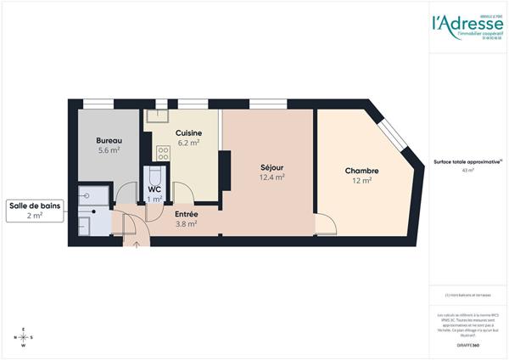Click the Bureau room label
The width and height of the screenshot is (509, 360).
pos(108,139)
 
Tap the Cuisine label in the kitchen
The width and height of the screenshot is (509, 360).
pos(187,133)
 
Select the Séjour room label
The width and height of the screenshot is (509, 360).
pos(271,167)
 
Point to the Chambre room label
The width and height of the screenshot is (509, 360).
pos(361,171)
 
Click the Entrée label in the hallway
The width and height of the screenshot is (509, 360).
pos(187,215)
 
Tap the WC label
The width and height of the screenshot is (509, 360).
pos(154,189)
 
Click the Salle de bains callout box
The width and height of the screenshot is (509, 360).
pos(37,210)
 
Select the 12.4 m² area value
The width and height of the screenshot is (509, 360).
pos(271,177)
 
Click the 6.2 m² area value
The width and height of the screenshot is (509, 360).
pos(188,143)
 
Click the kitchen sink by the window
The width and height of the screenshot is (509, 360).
pos(157,116)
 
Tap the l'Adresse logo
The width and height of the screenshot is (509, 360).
pos(467,24)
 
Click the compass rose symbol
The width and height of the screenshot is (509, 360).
pos(23,337)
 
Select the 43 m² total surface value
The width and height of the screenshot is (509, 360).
pos(467,171)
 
